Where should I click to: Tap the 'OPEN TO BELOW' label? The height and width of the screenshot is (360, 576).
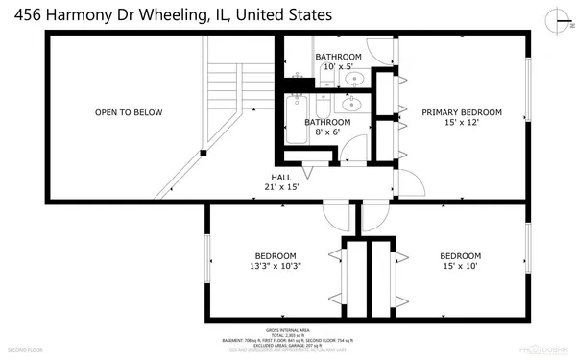pyautogui.click(x=128, y=113)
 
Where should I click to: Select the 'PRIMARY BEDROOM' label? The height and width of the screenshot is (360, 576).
pyautogui.click(x=462, y=112)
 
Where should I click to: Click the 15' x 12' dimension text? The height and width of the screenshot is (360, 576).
pyautogui.click(x=462, y=123)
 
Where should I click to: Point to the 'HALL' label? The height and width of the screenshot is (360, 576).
pyautogui.click(x=281, y=178)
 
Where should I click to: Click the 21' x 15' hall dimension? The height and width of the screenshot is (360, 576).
pyautogui.click(x=281, y=187)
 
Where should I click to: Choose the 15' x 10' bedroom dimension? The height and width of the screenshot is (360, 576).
pyautogui.click(x=460, y=266)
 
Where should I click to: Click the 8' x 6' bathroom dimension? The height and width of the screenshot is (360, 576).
pyautogui.click(x=327, y=132)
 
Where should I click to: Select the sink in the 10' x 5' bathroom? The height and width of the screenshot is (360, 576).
pyautogui.click(x=354, y=79)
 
